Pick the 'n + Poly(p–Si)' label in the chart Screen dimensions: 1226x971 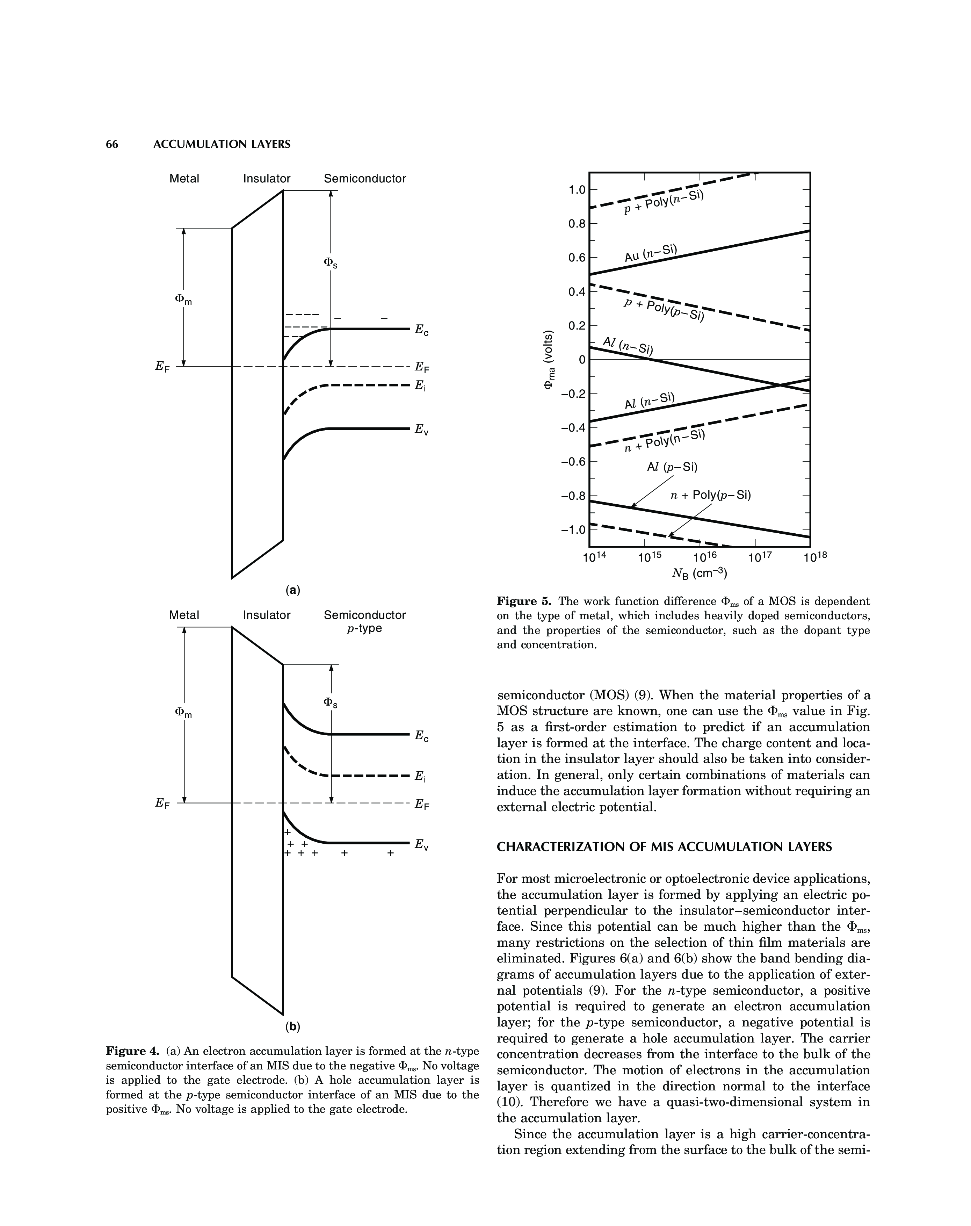coord(711,495)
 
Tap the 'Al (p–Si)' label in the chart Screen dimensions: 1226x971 coord(672,467)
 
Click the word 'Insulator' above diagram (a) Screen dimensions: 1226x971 coord(267,179)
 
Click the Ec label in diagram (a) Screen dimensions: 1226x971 coord(421,330)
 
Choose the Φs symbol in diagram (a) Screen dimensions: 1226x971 coord(330,263)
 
